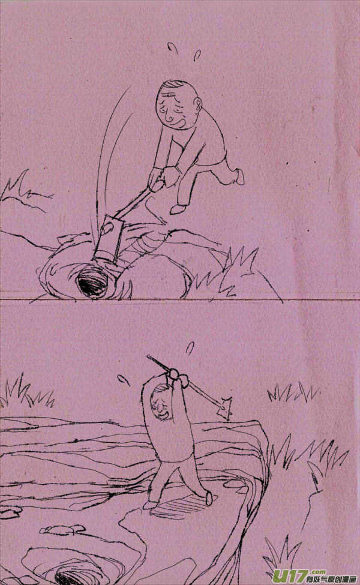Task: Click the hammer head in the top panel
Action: [x=109, y=241]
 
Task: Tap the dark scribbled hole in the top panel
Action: [x=93, y=283]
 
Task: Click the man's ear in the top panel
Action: [x=199, y=109]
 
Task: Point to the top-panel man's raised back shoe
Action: [x=239, y=176]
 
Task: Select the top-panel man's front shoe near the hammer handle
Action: [x=177, y=209]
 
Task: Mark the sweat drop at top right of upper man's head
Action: [x=197, y=55]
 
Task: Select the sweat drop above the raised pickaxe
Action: [x=190, y=347]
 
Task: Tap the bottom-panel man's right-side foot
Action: [x=209, y=497]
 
